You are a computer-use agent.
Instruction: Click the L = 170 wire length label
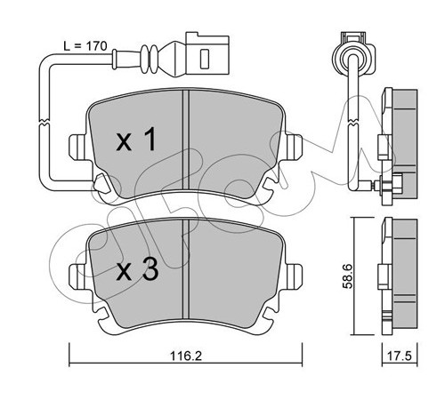click(85, 46)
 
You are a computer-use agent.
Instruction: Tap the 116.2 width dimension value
click(186, 356)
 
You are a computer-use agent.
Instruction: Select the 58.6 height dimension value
click(347, 276)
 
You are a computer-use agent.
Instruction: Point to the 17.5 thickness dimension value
click(400, 356)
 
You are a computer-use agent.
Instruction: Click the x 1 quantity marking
click(136, 139)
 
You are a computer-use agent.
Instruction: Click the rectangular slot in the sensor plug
click(205, 59)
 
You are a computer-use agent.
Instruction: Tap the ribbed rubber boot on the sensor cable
click(150, 59)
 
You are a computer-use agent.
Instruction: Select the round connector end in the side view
click(353, 56)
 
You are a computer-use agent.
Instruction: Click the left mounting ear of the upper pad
click(77, 147)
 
